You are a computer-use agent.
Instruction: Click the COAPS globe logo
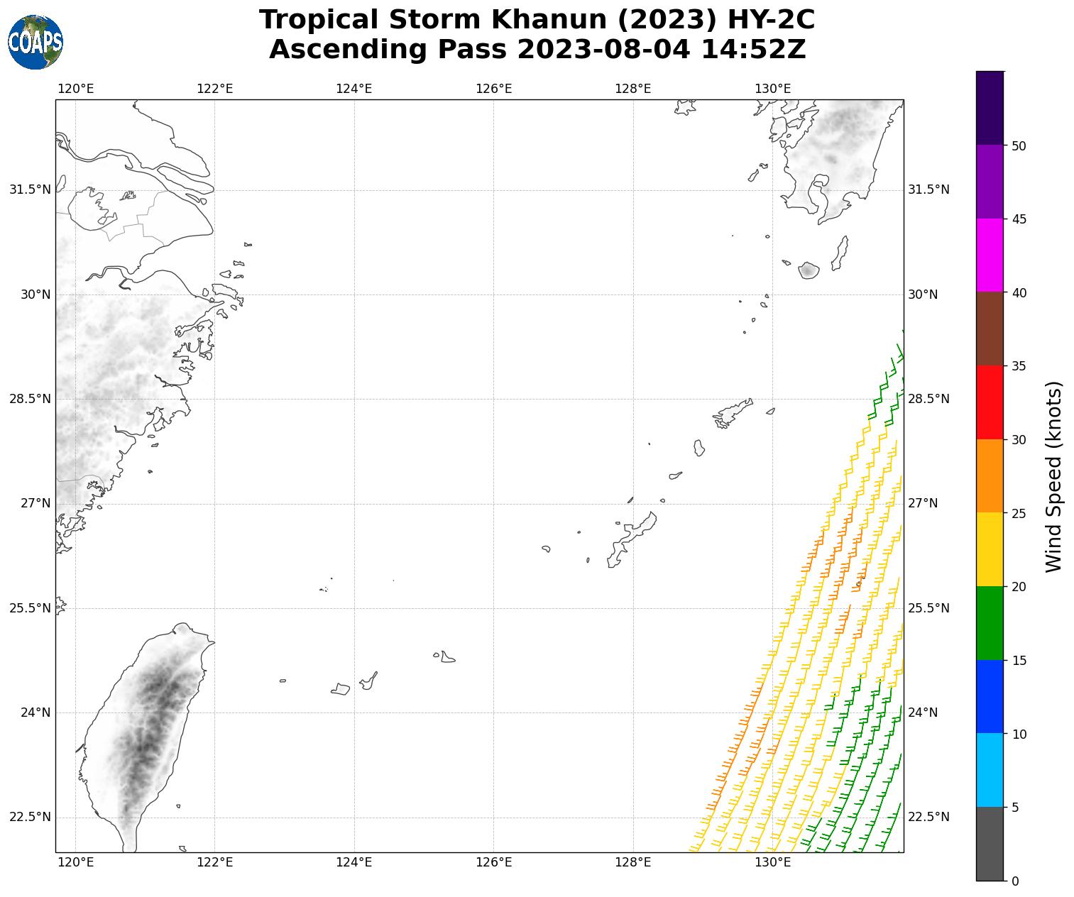(x=35, y=42)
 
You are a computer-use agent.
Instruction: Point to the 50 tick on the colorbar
(x=1019, y=145)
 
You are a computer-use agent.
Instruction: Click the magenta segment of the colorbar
(x=990, y=255)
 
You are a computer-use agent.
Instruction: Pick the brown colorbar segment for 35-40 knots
(x=990, y=329)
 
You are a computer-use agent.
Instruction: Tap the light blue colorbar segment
(x=990, y=770)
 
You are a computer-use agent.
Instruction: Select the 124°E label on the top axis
(x=354, y=89)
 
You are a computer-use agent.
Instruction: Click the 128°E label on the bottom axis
(x=632, y=862)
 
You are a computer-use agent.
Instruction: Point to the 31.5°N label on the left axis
(x=30, y=189)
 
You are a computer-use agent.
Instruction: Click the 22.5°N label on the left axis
(x=30, y=817)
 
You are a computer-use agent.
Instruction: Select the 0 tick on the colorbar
(x=1014, y=881)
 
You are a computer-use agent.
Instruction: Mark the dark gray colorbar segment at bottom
(x=990, y=844)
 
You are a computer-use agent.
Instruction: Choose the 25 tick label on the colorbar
(x=1019, y=513)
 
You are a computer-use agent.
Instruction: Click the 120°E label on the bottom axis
(x=75, y=862)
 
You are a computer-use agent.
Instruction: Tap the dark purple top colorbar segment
(x=990, y=108)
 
